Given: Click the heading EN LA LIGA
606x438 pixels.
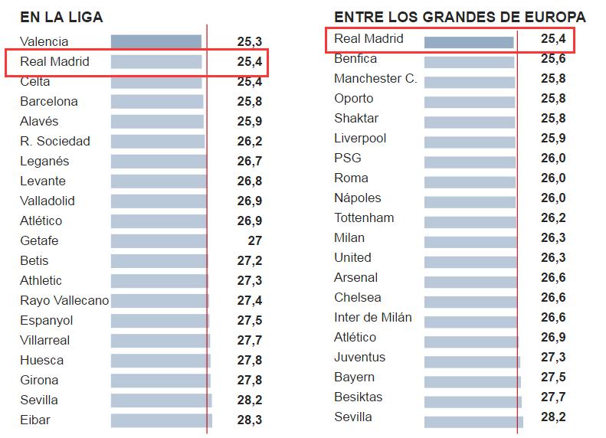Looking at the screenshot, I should coord(61,17).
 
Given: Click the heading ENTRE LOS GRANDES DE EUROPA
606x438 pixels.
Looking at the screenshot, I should coord(460,17).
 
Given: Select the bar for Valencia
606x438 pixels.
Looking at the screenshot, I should coord(156,41).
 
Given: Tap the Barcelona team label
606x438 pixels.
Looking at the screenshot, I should coord(49,101).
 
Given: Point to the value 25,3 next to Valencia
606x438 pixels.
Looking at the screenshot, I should coord(250,41).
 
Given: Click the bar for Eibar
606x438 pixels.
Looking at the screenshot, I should coord(161,420).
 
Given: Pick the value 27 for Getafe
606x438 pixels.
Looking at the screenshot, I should coord(254,240).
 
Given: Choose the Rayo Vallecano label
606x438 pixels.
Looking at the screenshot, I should coord(64,300).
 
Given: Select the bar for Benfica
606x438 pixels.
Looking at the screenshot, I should coord(469,62).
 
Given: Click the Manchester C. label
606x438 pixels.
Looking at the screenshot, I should coord(375,78).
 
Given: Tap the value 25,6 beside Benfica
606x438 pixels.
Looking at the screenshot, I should coord(553,58).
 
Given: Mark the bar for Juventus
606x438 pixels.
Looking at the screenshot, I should coord(472,361).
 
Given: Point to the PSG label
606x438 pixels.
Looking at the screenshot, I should coord(348,158).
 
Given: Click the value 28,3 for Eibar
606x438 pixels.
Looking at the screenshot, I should coord(250,420).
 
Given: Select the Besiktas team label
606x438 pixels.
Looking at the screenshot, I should coord(359,397).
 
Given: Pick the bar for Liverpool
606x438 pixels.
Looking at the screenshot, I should coord(470,142).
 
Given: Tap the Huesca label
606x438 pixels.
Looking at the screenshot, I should coord(42,360).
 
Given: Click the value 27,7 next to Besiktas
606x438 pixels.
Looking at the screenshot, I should coord(553,397).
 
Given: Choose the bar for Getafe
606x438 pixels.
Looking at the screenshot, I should coord(159,240).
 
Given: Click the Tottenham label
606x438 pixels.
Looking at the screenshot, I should coord(364,217).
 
